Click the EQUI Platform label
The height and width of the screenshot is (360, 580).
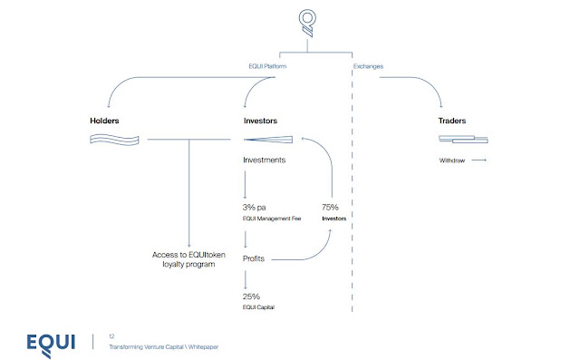pos(267,66)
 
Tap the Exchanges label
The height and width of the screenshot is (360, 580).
pos(368,66)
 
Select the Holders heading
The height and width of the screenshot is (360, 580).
pos(104,121)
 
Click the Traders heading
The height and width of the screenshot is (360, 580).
pos(452,121)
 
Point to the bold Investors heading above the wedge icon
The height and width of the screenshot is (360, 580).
pos(260,121)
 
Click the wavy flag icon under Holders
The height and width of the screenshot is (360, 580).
pos(115,140)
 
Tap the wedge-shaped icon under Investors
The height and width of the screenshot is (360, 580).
pos(268,140)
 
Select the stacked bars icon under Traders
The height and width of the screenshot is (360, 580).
pos(463,139)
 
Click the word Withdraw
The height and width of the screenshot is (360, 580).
pos(452,161)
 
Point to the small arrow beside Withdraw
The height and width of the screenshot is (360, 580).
pos(479,161)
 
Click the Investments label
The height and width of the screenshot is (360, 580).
pos(264,160)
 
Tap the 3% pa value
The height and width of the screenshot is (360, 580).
pos(254,207)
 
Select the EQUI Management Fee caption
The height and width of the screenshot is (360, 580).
pos(272,219)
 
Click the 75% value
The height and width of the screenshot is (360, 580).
pos(330,207)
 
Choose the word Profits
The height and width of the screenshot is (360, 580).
pos(254,258)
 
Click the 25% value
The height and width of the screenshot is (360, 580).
pos(251,297)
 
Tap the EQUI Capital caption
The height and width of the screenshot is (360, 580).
pos(258,307)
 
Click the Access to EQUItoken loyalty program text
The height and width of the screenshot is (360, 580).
pos(188,259)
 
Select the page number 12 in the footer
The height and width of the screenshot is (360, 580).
pos(111,336)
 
